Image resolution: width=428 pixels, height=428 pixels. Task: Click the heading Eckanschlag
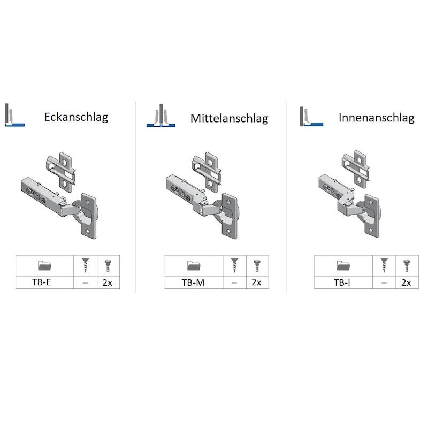[x=76, y=117]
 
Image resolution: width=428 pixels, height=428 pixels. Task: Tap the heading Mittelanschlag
[x=230, y=118]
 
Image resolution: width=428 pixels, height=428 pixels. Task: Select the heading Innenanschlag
[x=377, y=118]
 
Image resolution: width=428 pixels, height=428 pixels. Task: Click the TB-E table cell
[x=42, y=282]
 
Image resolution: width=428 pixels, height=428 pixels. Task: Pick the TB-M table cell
[x=193, y=282]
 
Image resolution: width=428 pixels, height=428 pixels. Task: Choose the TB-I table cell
[x=342, y=282]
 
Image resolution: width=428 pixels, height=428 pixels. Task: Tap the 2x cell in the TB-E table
[x=108, y=282]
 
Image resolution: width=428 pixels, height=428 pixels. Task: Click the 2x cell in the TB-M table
[x=257, y=282]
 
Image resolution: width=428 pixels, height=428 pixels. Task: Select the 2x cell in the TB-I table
[x=406, y=282]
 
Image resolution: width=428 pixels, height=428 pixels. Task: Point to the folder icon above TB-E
[x=44, y=265]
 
